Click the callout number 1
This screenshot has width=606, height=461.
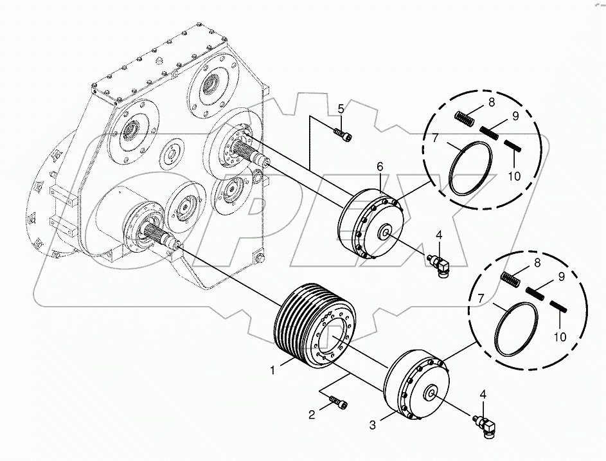point(273,370)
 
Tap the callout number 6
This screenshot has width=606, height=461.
point(380,167)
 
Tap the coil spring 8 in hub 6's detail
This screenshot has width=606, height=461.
point(464,120)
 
